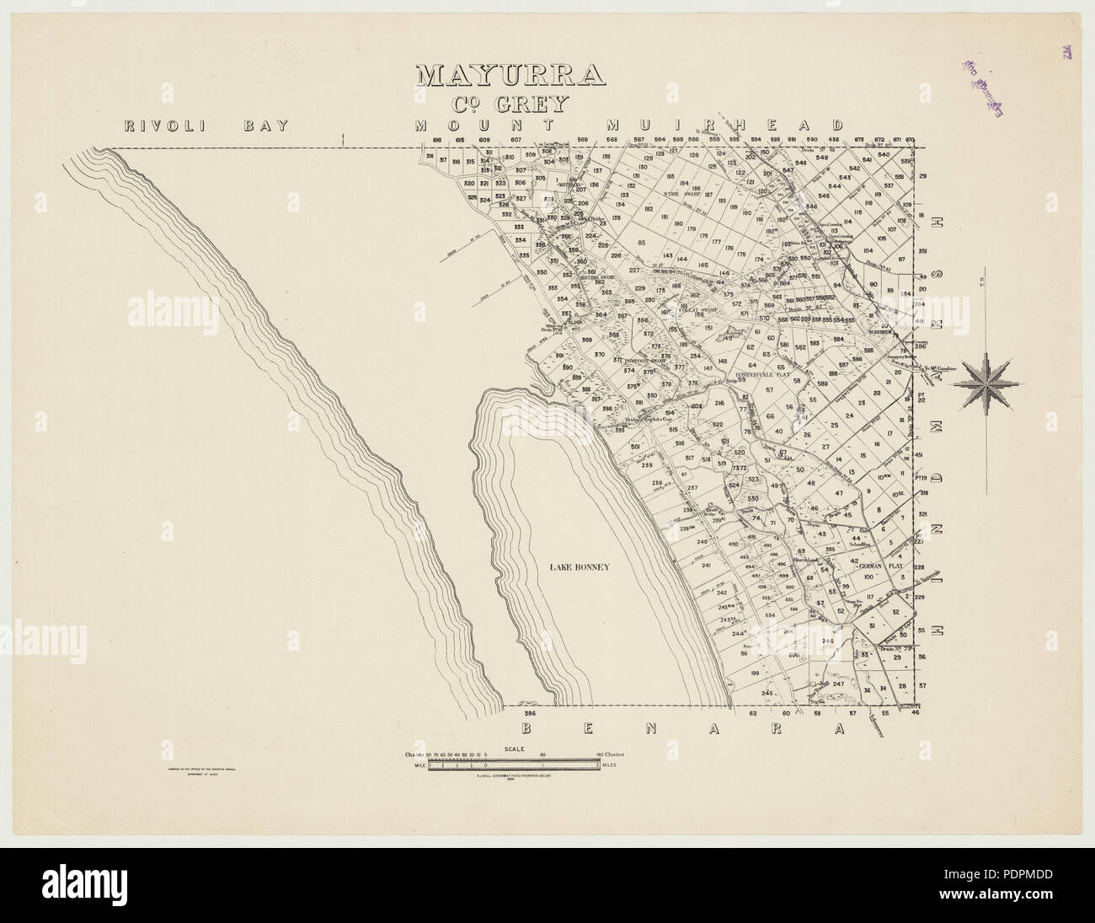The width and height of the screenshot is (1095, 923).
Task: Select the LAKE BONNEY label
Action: point(576,567)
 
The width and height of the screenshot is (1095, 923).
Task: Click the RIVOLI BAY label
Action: point(206,126)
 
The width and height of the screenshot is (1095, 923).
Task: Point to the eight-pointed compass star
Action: point(989,383)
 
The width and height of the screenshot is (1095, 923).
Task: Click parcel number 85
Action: point(665,243)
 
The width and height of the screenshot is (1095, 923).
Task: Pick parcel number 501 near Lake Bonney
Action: point(635,447)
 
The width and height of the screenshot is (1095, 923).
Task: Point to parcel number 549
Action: point(822,158)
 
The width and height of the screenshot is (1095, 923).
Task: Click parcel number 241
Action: point(706,566)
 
